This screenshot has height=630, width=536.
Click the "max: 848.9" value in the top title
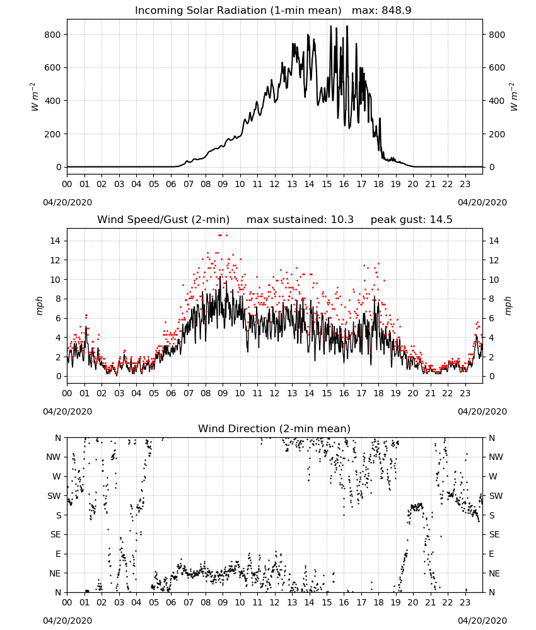point(382,11)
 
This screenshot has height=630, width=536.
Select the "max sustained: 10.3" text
point(300,220)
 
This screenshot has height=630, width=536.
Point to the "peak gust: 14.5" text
point(411,220)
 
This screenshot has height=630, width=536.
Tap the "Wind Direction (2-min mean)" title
point(274,428)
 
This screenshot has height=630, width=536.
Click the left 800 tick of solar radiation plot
point(52,35)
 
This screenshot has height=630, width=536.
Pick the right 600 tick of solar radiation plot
point(497,67)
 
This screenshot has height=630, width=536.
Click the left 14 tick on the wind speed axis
point(55,241)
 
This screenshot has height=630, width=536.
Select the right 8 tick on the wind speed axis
point(491,299)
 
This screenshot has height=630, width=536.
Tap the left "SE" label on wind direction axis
point(55,534)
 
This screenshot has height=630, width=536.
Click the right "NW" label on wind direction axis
point(496,457)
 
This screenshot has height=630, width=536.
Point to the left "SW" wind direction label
point(54,496)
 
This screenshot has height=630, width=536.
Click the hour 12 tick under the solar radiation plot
point(275,185)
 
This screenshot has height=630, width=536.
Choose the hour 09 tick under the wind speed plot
point(223,393)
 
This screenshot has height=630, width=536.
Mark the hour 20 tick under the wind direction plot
point(413,603)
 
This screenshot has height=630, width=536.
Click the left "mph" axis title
point(39,306)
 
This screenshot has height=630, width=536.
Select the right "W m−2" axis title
point(513,97)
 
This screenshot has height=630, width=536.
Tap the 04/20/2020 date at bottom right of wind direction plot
point(482,621)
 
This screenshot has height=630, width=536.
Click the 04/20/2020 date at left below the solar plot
point(67,202)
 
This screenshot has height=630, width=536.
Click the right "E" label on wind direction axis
point(491,554)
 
